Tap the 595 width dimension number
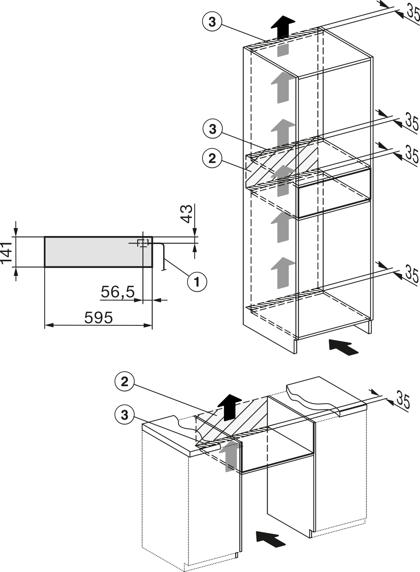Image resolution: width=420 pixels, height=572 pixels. (x=98, y=317)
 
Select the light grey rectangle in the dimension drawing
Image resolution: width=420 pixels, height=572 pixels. (x=94, y=252)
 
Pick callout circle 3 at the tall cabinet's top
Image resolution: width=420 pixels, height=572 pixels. (x=213, y=22)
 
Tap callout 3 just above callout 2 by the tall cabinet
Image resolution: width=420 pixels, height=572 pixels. (x=212, y=130)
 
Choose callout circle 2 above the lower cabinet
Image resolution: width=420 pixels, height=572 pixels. (x=125, y=382)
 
